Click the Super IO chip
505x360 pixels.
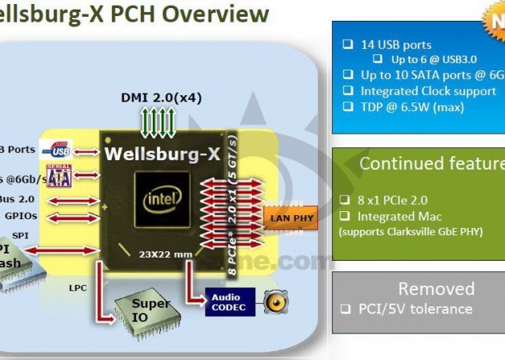click(x=149, y=307)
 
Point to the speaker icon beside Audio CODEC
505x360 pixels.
click(x=275, y=302)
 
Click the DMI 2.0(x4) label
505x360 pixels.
click(x=160, y=98)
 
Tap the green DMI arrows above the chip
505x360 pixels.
click(x=159, y=124)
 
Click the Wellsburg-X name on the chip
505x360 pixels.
click(x=162, y=153)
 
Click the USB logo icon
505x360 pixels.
click(x=60, y=149)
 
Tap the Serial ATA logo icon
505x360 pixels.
click(x=60, y=174)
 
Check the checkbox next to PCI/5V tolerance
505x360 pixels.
click(x=345, y=309)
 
